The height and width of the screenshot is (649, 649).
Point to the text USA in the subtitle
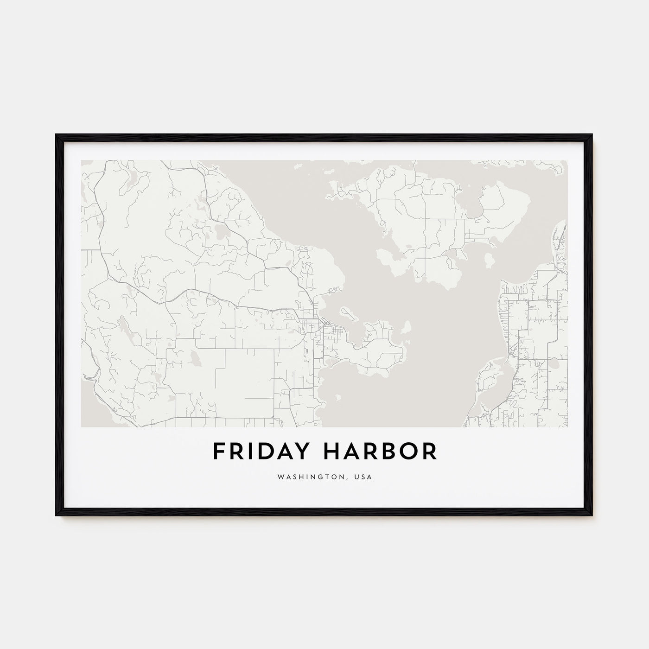364,477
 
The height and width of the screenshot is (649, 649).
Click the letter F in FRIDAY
218,452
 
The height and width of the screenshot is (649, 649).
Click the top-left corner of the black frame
56,135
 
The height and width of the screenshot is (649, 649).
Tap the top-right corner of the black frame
592,135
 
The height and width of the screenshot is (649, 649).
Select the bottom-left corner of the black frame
56,516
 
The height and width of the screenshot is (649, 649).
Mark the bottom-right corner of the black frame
592,516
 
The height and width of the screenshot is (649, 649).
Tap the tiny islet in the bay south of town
338,397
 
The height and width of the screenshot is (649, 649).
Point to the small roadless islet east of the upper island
489,261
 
